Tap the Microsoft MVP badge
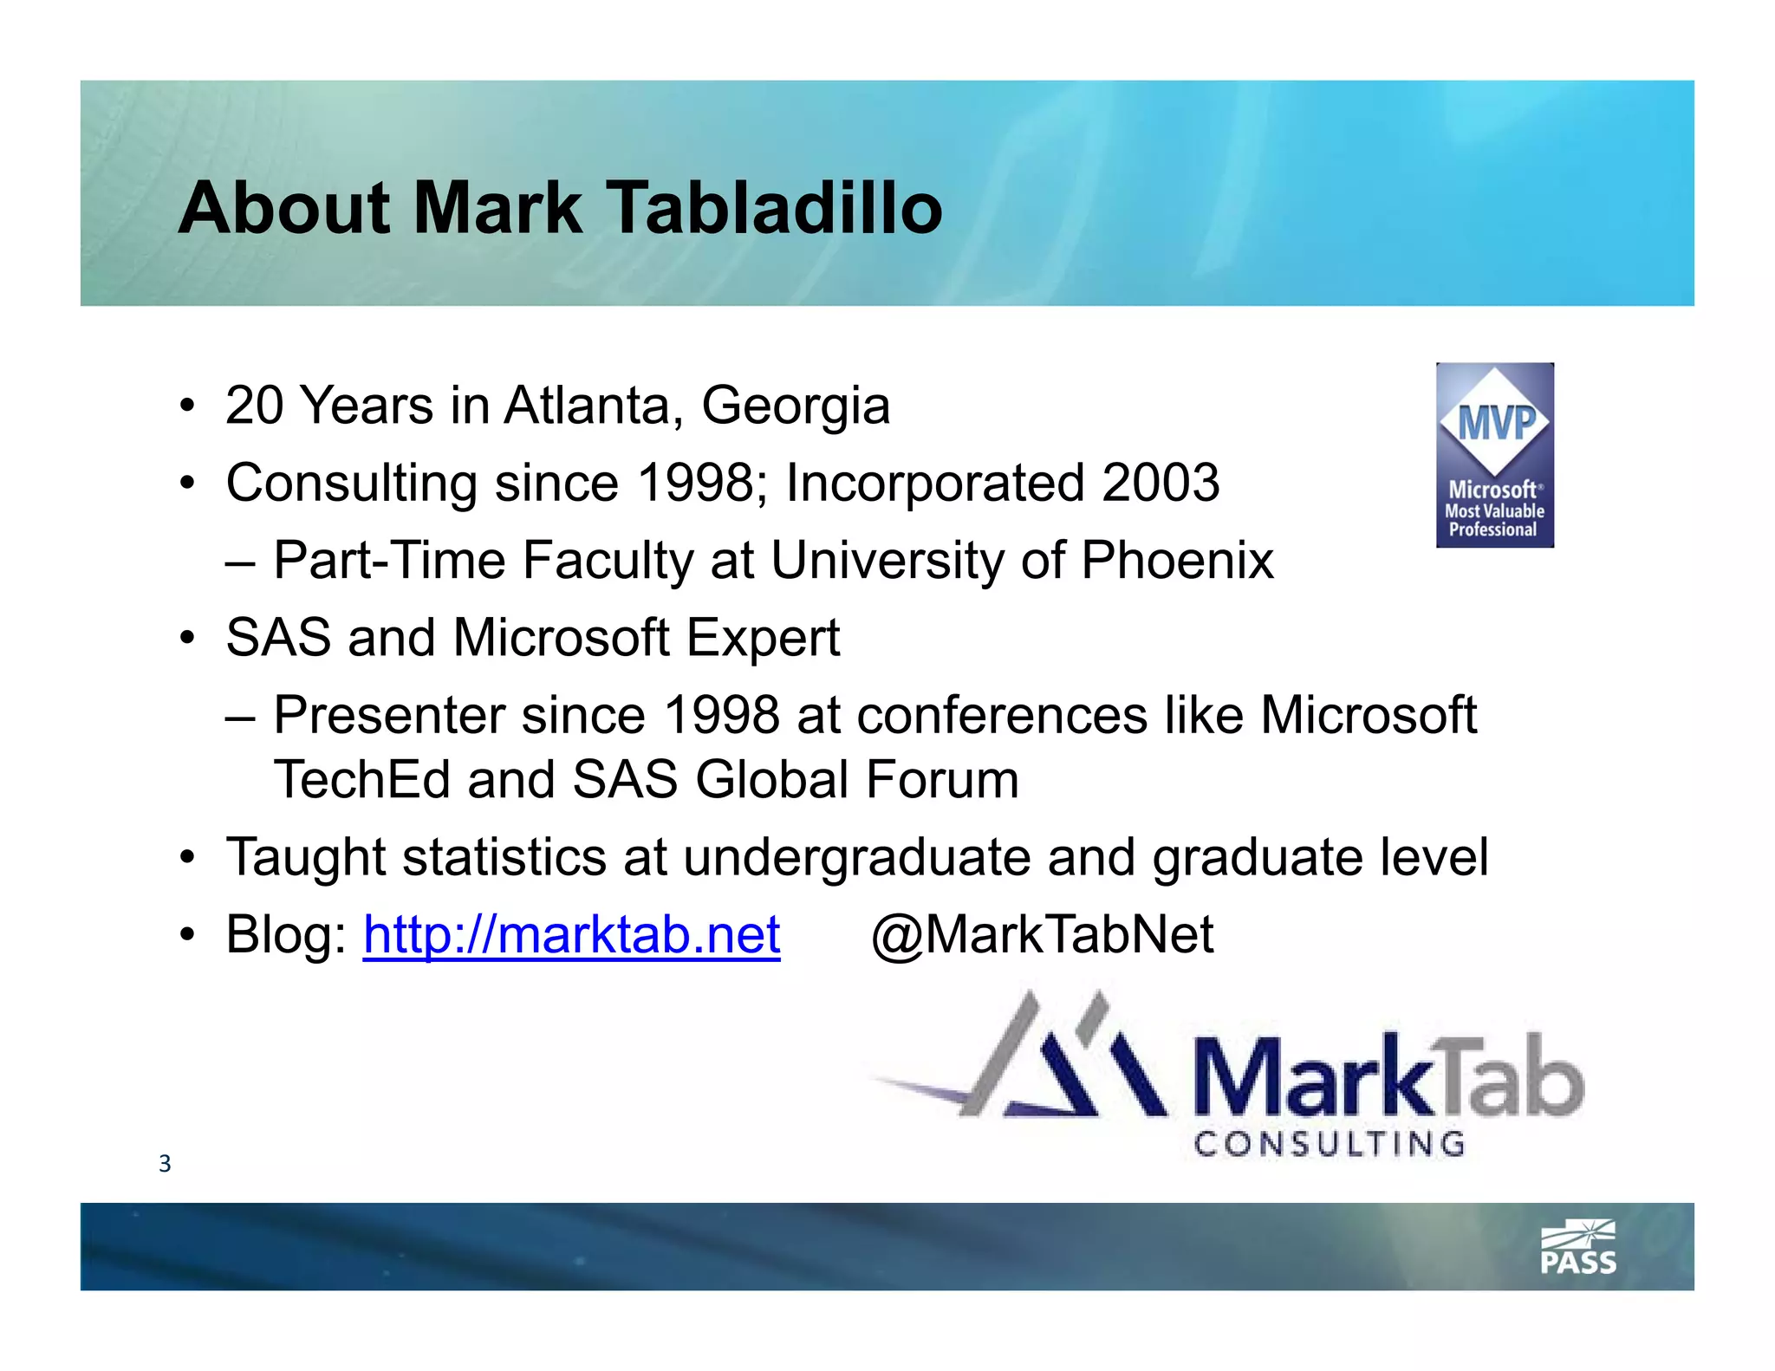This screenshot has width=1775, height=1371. pyautogui.click(x=1494, y=455)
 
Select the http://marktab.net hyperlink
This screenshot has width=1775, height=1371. pyautogui.click(x=571, y=935)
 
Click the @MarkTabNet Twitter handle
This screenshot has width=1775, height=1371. pyautogui.click(x=1042, y=935)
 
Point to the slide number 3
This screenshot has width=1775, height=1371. pyautogui.click(x=165, y=1164)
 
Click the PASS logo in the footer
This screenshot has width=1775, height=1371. pyautogui.click(x=1578, y=1249)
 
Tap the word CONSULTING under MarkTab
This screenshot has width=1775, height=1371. pyautogui.click(x=1329, y=1145)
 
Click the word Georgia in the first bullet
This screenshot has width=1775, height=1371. pyautogui.click(x=795, y=406)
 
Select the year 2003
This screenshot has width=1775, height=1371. pyautogui.click(x=1161, y=483)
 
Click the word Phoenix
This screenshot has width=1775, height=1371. pyautogui.click(x=1177, y=560)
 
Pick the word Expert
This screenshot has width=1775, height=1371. pyautogui.click(x=763, y=638)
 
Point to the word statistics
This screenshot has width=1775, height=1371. pyautogui.click(x=504, y=857)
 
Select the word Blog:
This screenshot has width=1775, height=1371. pyautogui.click(x=285, y=935)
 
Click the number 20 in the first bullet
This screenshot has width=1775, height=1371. pyautogui.click(x=254, y=406)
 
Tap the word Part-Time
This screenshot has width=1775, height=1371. pyautogui.click(x=388, y=560)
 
